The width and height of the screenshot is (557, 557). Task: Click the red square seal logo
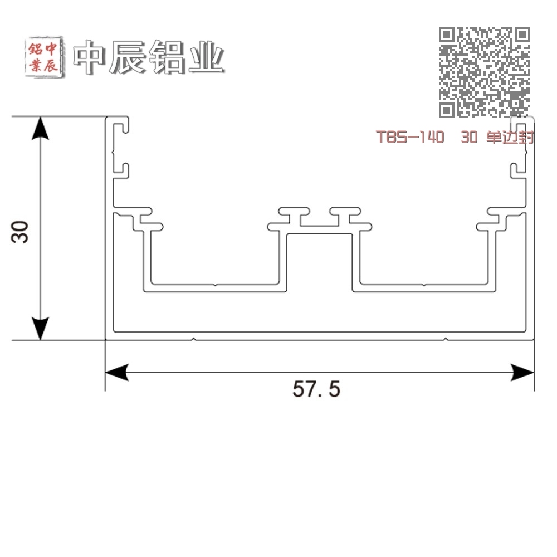[45, 57]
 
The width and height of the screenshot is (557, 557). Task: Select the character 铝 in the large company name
[167, 57]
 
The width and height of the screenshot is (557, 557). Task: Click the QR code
[485, 72]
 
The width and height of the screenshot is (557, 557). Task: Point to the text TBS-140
[410, 137]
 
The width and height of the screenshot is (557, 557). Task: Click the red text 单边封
[510, 137]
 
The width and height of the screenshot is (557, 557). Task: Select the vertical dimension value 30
[19, 232]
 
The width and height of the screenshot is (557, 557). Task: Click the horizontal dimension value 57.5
[316, 389]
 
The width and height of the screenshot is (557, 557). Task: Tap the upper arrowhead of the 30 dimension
[40, 128]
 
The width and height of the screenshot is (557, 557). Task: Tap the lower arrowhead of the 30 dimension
[40, 329]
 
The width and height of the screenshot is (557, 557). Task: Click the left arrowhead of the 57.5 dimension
[117, 372]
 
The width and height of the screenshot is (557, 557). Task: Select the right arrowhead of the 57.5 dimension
[522, 372]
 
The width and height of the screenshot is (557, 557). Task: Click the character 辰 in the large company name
[128, 57]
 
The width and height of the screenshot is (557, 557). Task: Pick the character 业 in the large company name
[207, 57]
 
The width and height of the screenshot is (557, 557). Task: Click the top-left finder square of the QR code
[447, 35]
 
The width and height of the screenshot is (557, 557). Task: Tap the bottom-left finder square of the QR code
[447, 110]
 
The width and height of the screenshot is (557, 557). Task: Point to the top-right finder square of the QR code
[522, 35]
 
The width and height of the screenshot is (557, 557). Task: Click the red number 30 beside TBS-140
[469, 137]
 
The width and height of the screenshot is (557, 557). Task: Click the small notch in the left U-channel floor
[215, 285]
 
